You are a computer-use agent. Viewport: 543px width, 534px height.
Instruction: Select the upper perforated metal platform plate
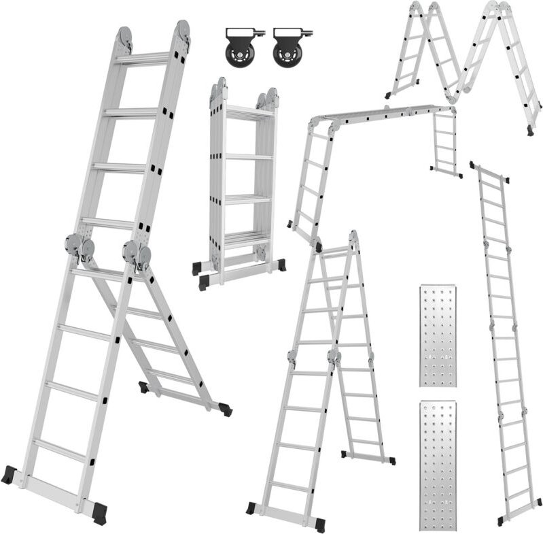coord(438,336)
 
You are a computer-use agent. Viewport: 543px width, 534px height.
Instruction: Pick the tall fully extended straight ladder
coord(503,340)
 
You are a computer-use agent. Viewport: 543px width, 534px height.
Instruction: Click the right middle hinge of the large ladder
coord(136,253)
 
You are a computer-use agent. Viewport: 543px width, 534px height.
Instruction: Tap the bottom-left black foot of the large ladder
coord(10,474)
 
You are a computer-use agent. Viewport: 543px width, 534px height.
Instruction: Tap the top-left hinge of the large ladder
coord(124,37)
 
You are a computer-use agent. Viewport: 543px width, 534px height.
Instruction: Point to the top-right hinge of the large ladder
coord(181,31)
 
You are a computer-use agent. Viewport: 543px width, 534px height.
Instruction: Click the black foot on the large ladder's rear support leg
coord(224,410)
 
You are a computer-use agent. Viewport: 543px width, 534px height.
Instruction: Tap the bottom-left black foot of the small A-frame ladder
coord(251,508)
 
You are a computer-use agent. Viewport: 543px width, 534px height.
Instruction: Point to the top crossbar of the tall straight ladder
coord(489,171)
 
